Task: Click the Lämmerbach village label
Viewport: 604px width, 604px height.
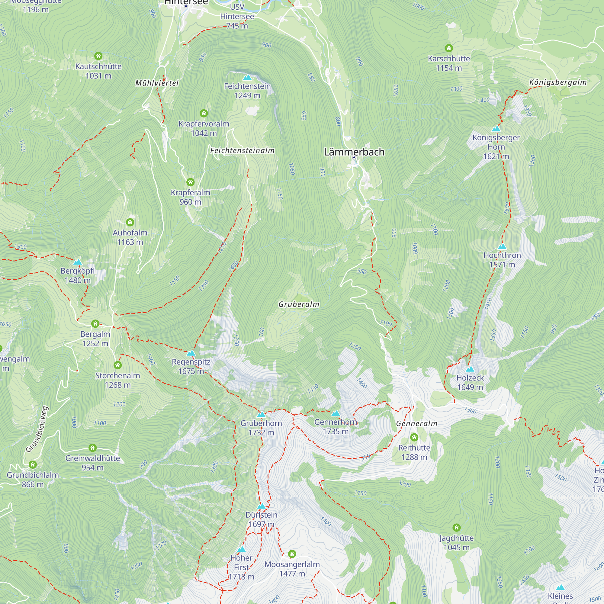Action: (x=354, y=152)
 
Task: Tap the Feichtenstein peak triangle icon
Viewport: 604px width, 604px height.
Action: (x=247, y=77)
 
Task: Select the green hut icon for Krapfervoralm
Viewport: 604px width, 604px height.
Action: (x=204, y=113)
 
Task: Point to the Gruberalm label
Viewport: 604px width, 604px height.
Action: (x=299, y=304)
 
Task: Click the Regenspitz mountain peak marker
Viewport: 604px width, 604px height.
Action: (x=191, y=353)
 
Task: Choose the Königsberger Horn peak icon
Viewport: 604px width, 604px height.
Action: (x=496, y=129)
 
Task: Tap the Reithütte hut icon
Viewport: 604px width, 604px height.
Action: (x=414, y=437)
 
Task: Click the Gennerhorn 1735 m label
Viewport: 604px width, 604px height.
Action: (x=336, y=427)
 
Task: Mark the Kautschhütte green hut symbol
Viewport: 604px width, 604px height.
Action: (x=98, y=56)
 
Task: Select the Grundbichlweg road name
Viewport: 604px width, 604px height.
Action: (x=37, y=429)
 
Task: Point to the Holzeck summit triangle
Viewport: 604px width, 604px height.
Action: (x=470, y=369)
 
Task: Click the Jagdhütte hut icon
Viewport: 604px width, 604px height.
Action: (x=456, y=528)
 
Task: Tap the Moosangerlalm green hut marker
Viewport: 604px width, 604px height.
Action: (x=292, y=554)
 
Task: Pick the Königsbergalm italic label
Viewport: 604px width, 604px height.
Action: (x=558, y=82)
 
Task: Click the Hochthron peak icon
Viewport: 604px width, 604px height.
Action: (x=502, y=247)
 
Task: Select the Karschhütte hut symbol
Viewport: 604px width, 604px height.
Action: (x=449, y=48)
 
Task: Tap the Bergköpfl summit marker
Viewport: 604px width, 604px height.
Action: (x=78, y=262)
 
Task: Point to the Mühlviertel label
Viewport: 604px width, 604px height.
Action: (x=157, y=83)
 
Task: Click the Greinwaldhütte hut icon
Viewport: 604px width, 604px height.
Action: (x=92, y=448)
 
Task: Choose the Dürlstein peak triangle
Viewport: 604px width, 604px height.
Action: (x=261, y=506)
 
